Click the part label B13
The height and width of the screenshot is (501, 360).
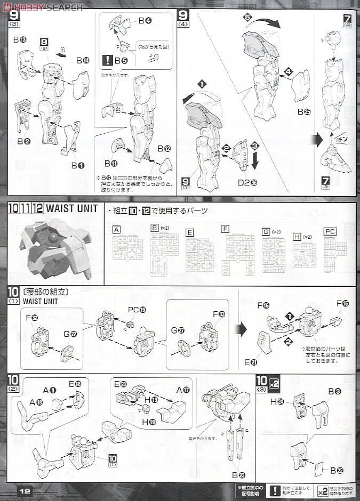point(20,39)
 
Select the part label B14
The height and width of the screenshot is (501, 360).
point(82,61)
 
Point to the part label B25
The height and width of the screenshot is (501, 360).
point(305,111)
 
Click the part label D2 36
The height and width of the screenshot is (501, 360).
point(247,182)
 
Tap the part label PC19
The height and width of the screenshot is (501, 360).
point(133,309)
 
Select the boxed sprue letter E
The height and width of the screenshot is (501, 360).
point(190,232)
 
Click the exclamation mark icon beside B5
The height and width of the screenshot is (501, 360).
point(108,60)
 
